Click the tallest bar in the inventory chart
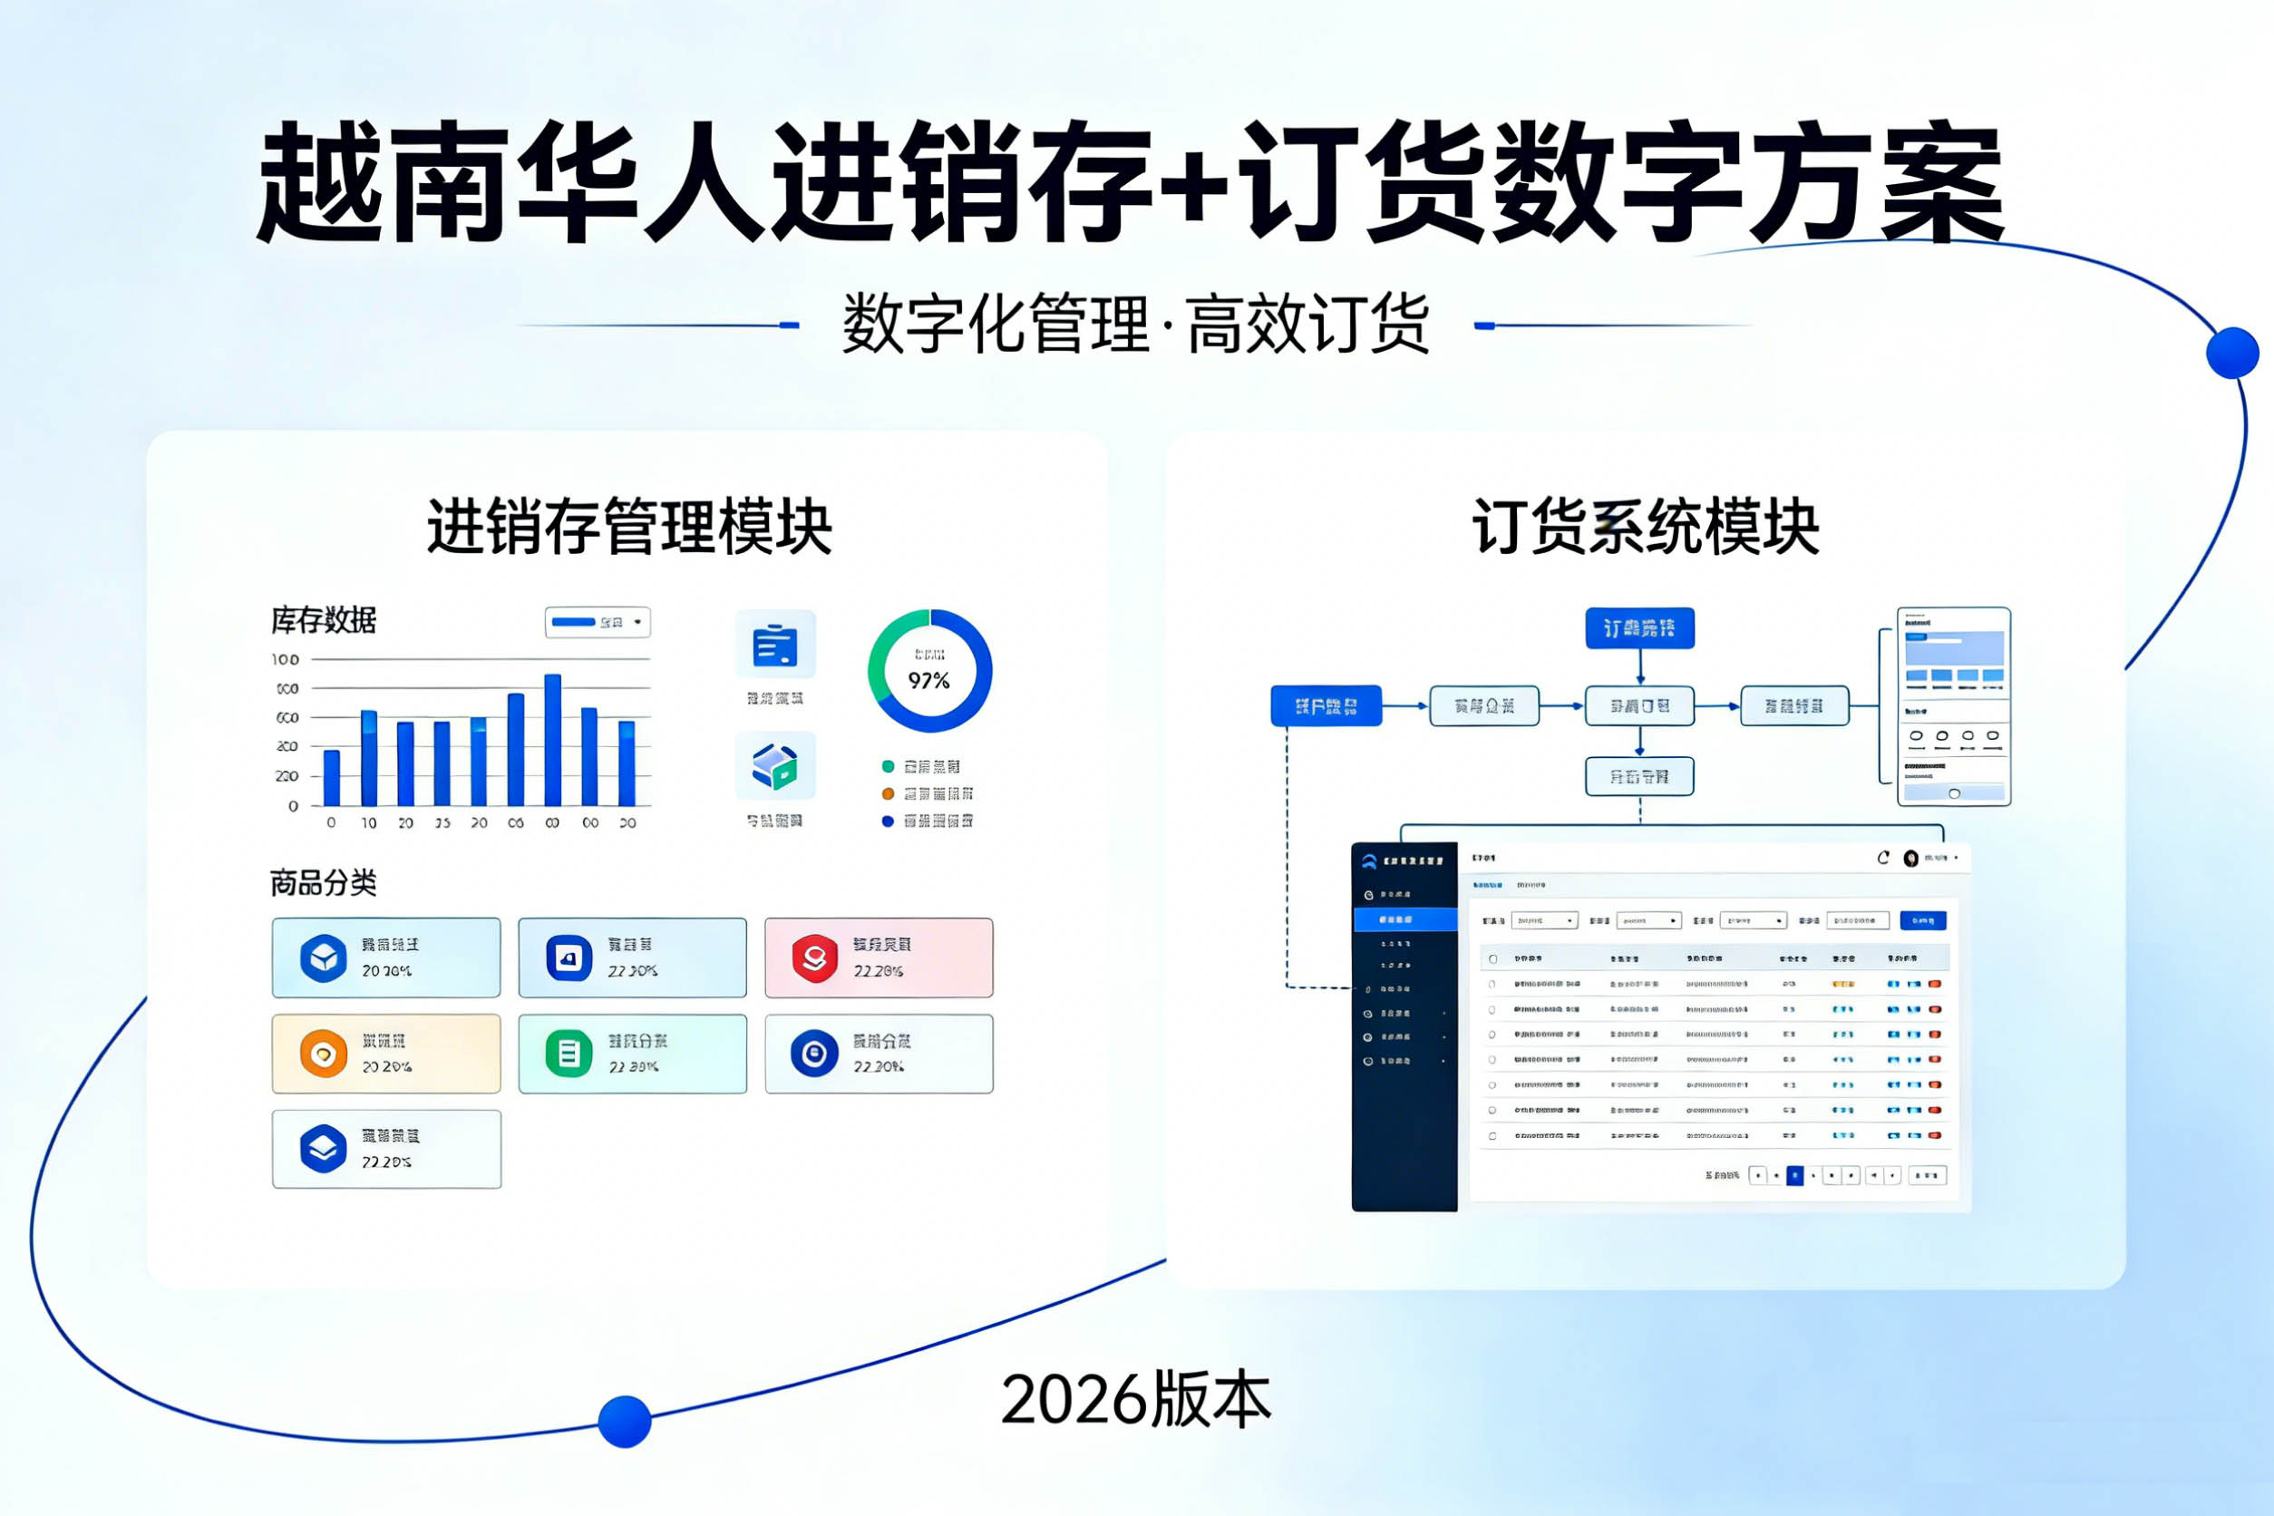(x=553, y=740)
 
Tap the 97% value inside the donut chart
(x=929, y=681)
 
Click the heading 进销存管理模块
(x=629, y=527)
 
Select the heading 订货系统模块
(x=1646, y=527)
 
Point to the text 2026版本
(x=1136, y=1400)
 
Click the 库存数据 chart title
(x=324, y=621)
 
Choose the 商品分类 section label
(x=323, y=883)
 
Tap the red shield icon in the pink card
(x=815, y=958)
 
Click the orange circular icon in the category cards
(x=324, y=1054)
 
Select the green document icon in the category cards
(x=569, y=1054)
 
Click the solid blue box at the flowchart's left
(x=1326, y=705)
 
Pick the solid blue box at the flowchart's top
(x=1639, y=628)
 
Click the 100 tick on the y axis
(x=286, y=659)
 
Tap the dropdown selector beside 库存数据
(x=598, y=622)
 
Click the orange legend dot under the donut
(x=888, y=793)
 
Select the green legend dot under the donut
(x=888, y=767)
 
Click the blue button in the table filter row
(x=1923, y=920)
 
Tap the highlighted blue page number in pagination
(x=1794, y=1176)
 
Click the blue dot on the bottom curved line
(x=625, y=1422)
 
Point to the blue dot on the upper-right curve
(x=2232, y=353)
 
